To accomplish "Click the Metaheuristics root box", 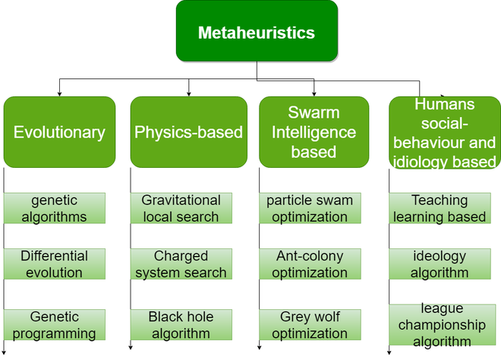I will click(257, 32).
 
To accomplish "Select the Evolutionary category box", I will click(59, 132).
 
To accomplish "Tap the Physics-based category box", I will click(189, 132).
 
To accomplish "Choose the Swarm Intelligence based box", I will click(314, 132).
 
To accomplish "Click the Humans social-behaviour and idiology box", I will click(444, 132).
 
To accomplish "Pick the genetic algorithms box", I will click(55, 208).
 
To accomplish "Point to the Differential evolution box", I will click(55, 264).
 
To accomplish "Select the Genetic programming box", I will click(55, 325).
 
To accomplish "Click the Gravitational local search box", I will click(181, 208).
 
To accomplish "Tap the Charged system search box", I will click(181, 264).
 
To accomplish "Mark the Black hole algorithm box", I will click(181, 325).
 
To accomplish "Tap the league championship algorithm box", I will click(440, 324).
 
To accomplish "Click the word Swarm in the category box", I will click(314, 112).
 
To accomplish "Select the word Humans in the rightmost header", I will click(444, 104).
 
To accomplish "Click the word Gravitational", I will click(181, 201).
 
